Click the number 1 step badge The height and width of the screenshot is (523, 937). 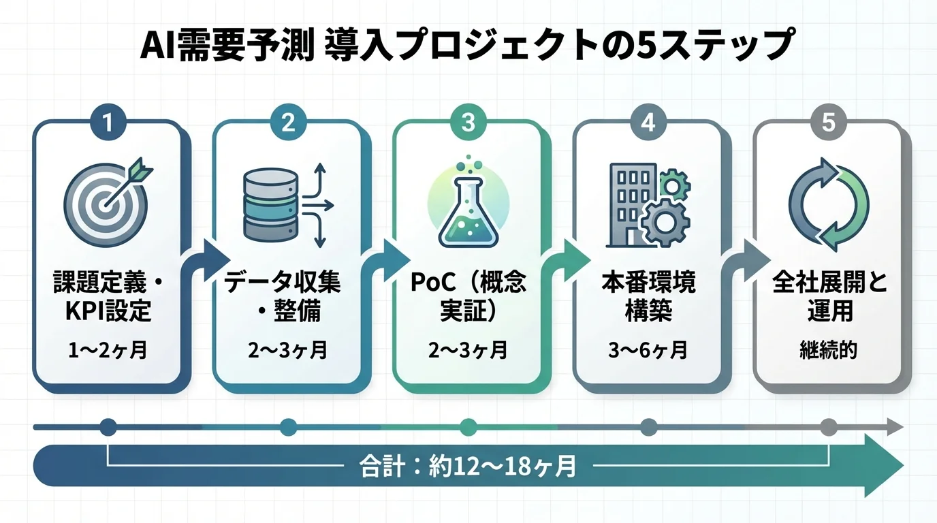click(108, 123)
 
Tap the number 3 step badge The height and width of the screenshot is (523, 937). click(467, 123)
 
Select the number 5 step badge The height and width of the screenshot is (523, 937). click(828, 123)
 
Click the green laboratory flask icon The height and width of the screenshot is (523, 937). click(467, 204)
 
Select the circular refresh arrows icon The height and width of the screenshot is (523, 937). click(828, 204)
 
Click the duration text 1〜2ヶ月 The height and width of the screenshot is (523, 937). click(108, 351)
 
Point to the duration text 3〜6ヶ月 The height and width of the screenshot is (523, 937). click(648, 351)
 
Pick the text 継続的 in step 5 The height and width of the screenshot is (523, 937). click(828, 351)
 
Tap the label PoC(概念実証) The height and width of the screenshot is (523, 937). click(468, 298)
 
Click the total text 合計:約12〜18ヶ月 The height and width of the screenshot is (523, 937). click(467, 466)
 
